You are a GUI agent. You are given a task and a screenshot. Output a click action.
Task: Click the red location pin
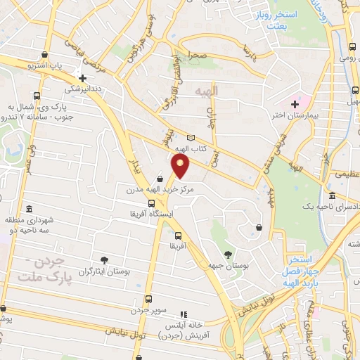click(181, 166)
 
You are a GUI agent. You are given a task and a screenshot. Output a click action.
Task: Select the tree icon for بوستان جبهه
click(226, 254)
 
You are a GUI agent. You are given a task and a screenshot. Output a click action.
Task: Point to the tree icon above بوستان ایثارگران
click(105, 260)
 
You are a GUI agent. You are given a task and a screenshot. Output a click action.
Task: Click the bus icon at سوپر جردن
click(148, 298)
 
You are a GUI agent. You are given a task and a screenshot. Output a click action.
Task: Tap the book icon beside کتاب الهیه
click(191, 138)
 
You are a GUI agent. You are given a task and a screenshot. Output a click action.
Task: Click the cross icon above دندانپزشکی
click(82, 78)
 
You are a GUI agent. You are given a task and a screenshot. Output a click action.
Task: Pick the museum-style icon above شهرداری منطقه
click(29, 210)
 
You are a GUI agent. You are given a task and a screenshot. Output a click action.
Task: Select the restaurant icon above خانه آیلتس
click(184, 315)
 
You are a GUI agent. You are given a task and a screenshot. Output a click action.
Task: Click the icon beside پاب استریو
click(45, 54)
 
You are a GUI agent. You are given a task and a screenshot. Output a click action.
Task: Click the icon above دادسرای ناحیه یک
click(332, 195)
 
